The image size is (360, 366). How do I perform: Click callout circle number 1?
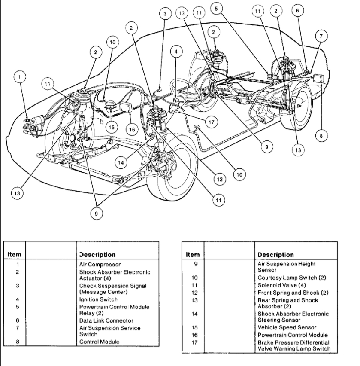20,77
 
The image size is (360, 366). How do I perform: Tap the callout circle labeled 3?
165,14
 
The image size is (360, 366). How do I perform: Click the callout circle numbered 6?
297,12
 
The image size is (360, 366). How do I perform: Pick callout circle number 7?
319,36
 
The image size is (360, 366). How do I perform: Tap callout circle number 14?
121,162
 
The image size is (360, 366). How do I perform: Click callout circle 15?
112,128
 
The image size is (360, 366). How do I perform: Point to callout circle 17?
210,122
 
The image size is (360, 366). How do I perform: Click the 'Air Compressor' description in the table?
100,265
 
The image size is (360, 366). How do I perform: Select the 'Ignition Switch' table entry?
98,299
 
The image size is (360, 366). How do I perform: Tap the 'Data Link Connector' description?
106,320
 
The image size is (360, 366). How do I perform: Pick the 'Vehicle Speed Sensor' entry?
287,328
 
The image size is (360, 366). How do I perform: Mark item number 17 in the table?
194,342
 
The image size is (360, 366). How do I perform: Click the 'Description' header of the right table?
275,255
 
